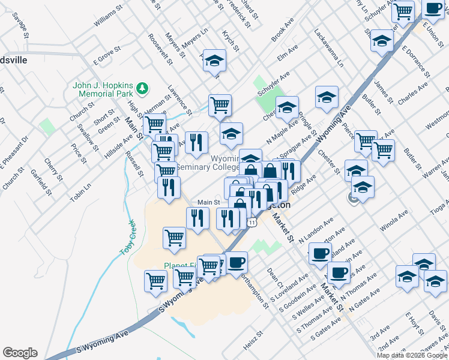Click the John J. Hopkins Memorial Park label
(103, 89)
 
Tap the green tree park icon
(142, 89)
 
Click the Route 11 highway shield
(253, 223)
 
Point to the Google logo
(20, 353)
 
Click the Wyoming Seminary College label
(223, 163)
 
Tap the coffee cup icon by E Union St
(433, 9)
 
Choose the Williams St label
(108, 17)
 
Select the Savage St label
(22, 28)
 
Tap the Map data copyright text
(412, 355)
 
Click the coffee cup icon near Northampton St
(237, 262)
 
